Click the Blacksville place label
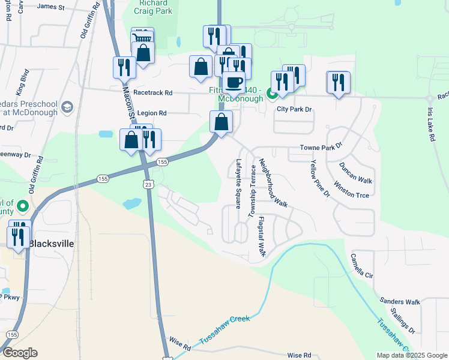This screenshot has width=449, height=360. click(x=52, y=244)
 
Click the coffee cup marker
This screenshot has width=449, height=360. click(x=234, y=82)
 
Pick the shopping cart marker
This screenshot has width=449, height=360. click(x=142, y=38)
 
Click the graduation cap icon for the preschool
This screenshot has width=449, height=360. click(x=67, y=106)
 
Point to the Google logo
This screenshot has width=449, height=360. click(x=20, y=353)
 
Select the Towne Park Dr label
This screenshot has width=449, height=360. click(x=321, y=146)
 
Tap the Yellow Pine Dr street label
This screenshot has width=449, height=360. click(x=320, y=178)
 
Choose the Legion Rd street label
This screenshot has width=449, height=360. click(x=152, y=113)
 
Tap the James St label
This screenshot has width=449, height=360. click(x=50, y=7)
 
